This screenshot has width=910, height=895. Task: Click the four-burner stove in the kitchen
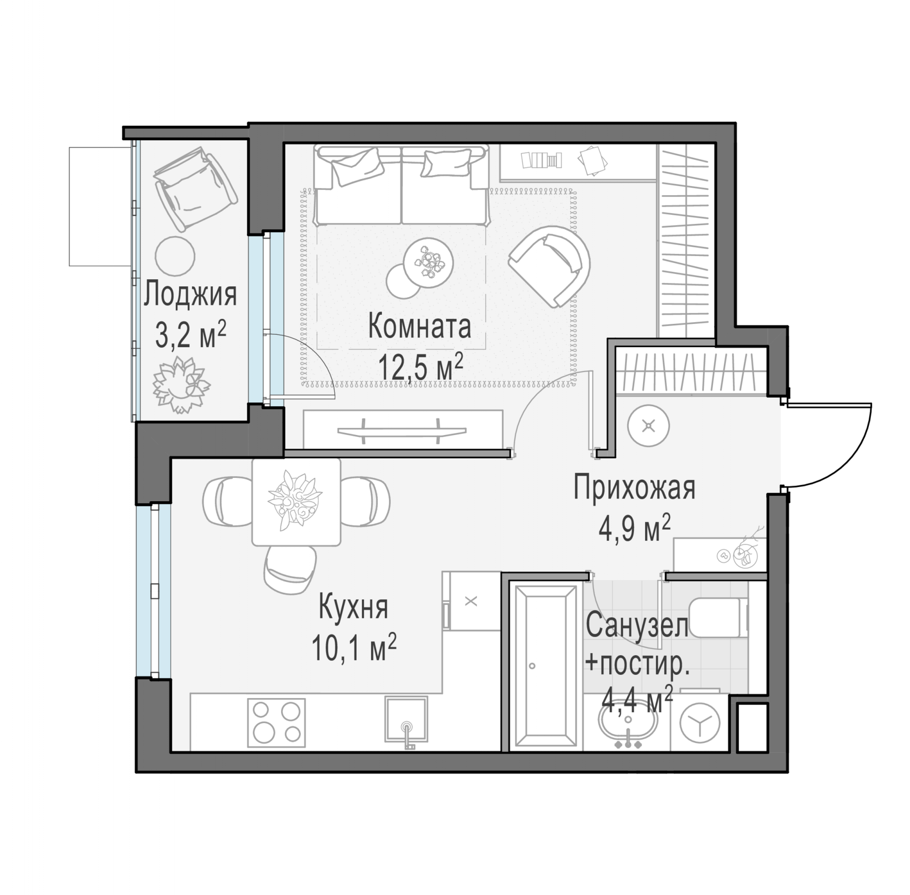click(276, 722)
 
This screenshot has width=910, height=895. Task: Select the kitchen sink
click(406, 719)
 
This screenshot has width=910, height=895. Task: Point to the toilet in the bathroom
click(718, 617)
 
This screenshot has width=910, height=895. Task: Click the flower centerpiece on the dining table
click(295, 502)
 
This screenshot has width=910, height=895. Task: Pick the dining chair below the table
click(290, 570)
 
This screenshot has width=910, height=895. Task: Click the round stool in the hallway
click(649, 426)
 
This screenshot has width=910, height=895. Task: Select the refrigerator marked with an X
click(471, 601)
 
